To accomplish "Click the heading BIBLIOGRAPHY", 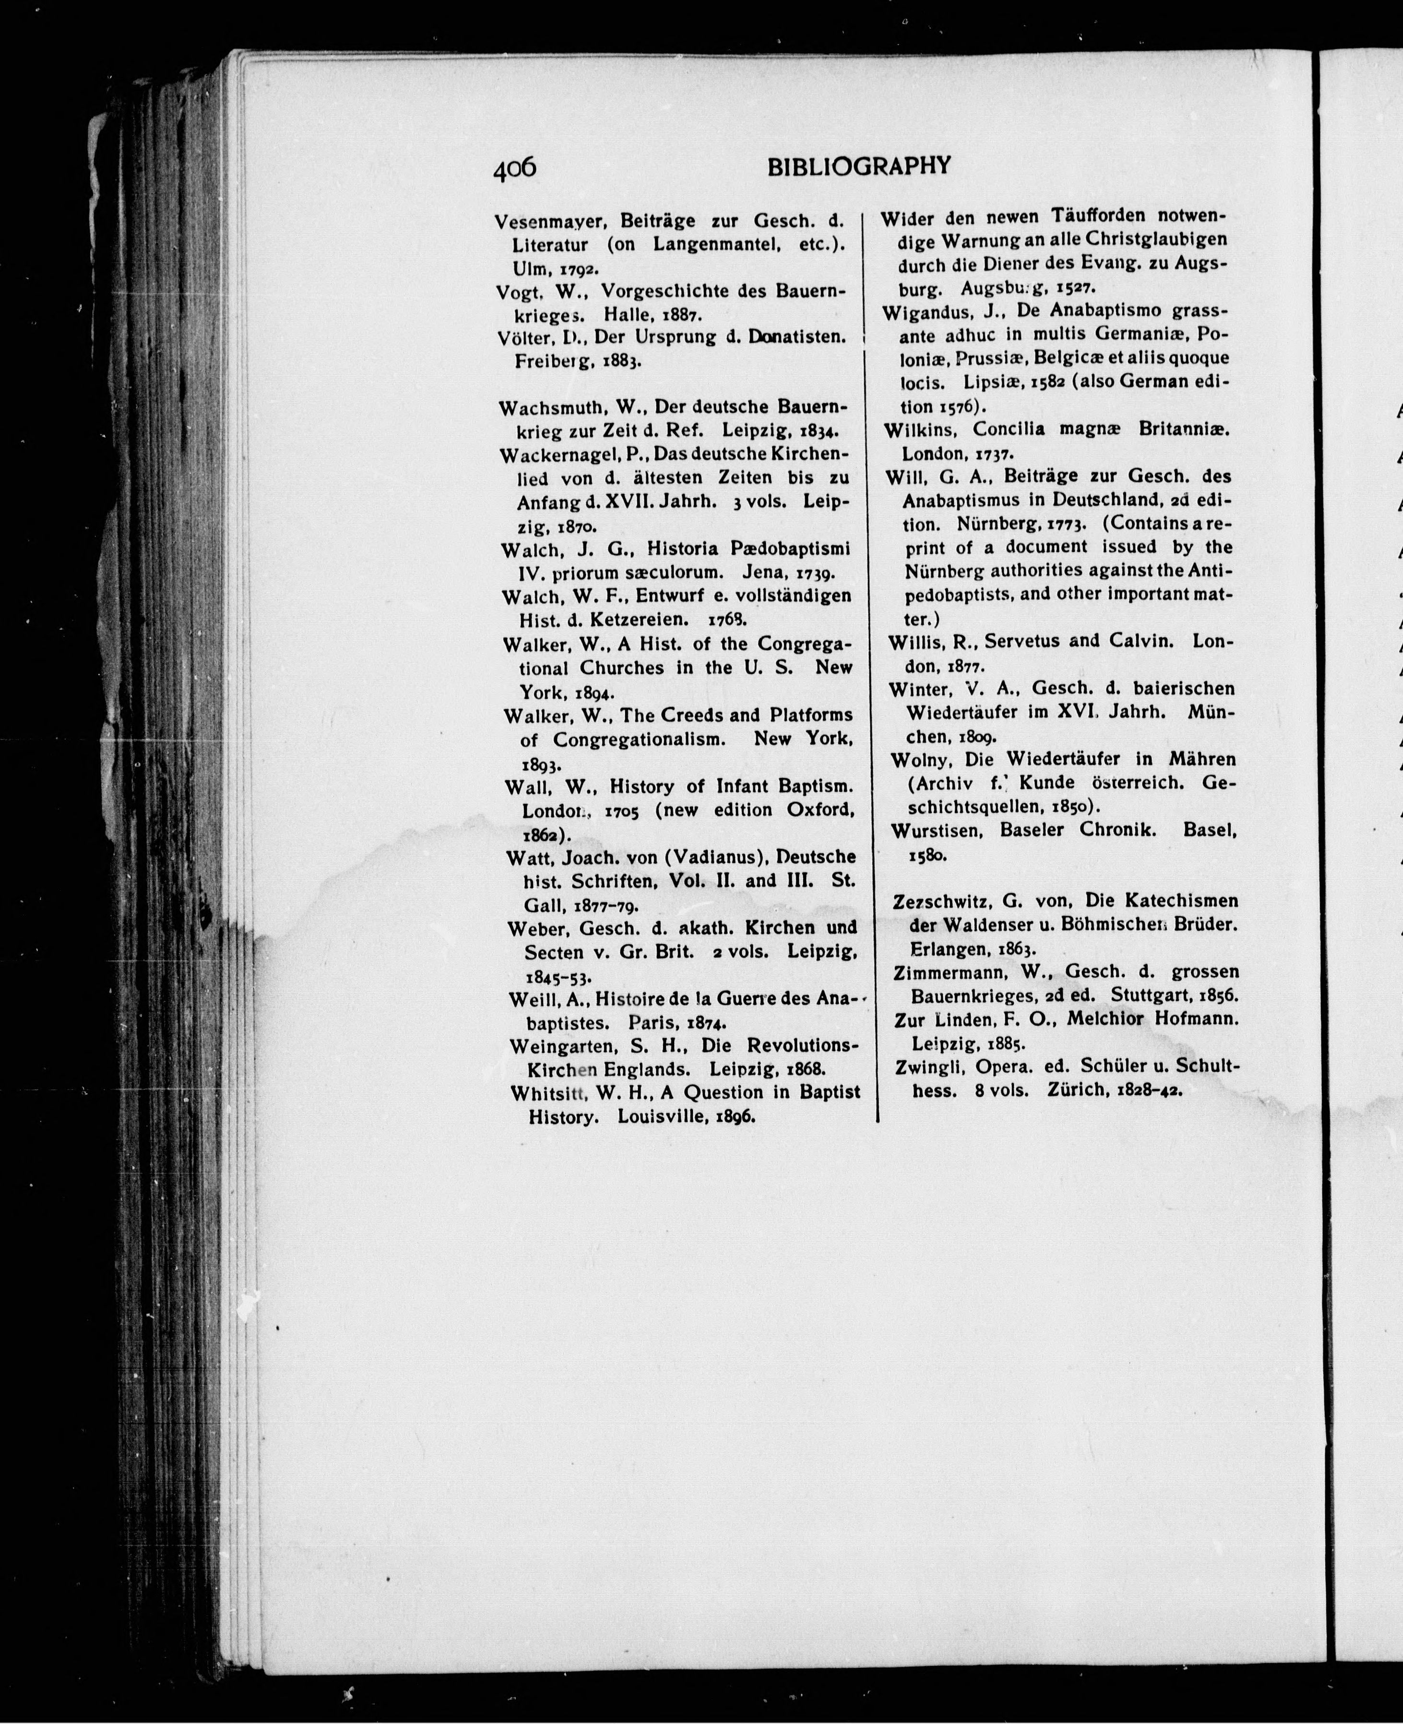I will [x=858, y=167].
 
